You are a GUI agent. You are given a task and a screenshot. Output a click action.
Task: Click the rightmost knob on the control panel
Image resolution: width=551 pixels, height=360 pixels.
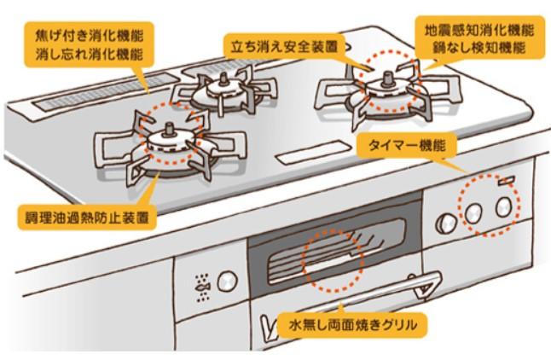[505, 205]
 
